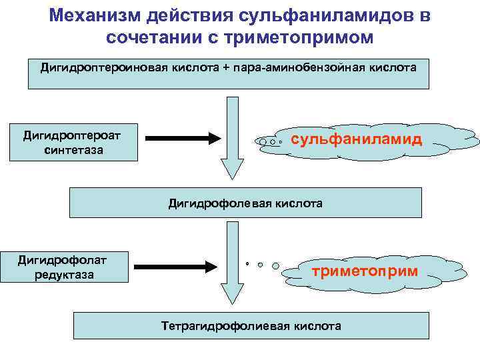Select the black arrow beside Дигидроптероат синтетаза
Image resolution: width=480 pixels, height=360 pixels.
[183, 138]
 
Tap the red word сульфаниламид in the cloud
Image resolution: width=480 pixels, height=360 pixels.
[357, 139]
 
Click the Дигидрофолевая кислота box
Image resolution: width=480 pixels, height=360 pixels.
[245, 203]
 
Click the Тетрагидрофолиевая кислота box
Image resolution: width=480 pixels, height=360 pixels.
[251, 326]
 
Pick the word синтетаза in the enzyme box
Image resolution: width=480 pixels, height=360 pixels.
[73, 150]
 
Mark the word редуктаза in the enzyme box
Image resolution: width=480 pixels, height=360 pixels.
[65, 274]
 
